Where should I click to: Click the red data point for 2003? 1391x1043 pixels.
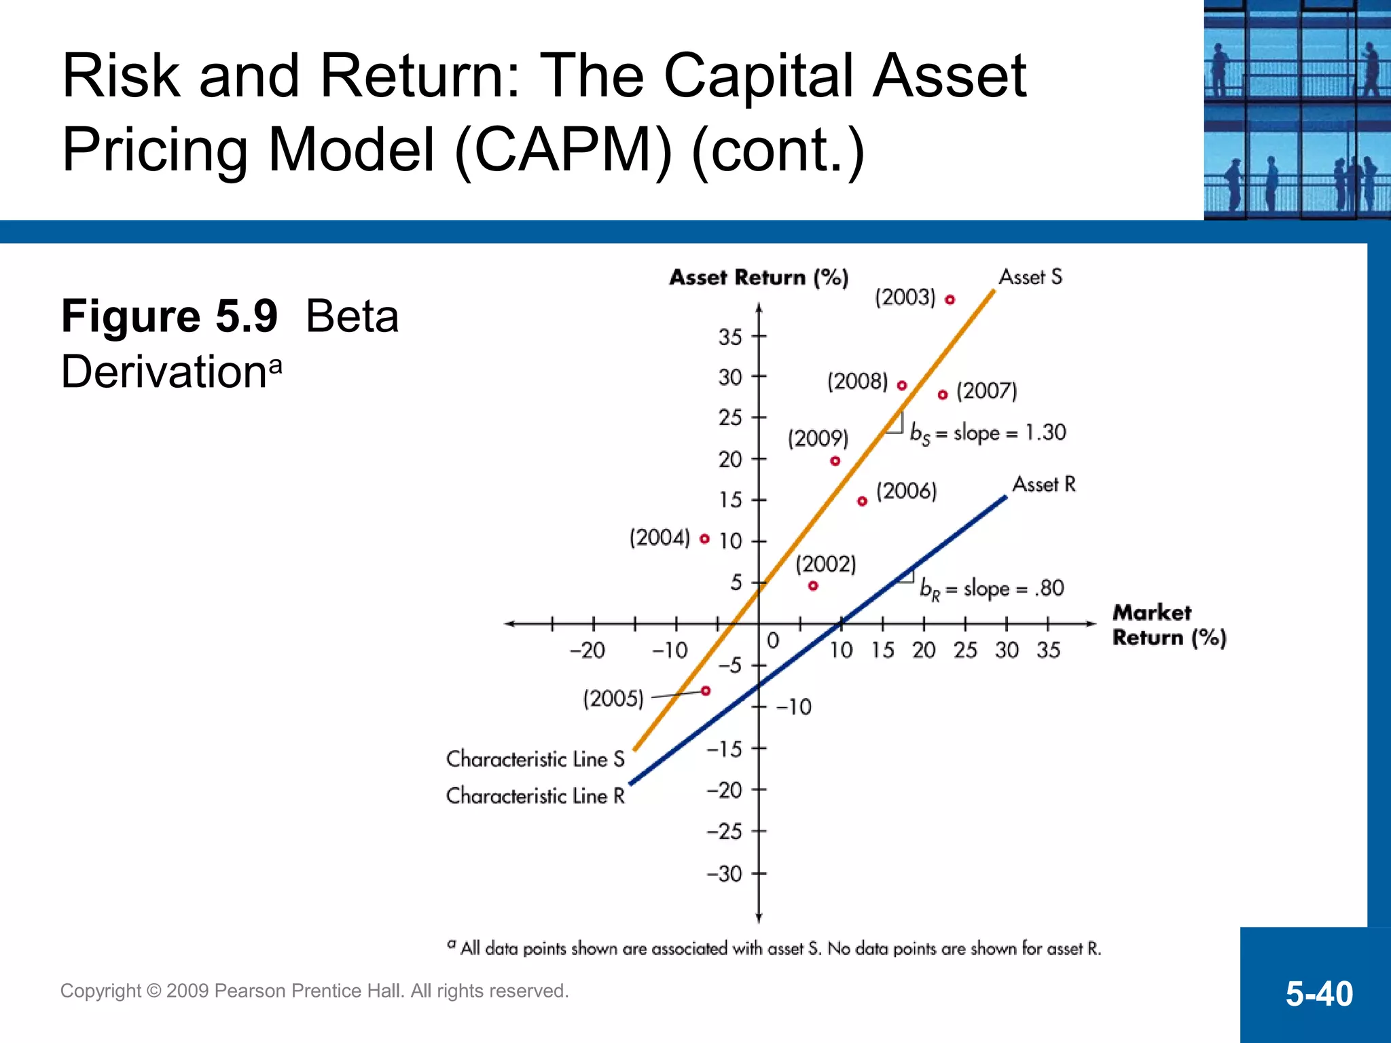tap(950, 299)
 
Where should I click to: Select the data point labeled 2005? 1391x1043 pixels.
tap(706, 691)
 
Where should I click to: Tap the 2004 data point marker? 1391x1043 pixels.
tap(704, 539)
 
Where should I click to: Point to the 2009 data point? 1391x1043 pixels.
tap(835, 461)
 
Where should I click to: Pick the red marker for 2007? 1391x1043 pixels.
tap(943, 395)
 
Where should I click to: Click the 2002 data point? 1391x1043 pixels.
tap(813, 586)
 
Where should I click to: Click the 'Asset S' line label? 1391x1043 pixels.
tap(1030, 277)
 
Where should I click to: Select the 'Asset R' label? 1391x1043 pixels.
tap(1044, 484)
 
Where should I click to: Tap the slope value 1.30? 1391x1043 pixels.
tap(1045, 432)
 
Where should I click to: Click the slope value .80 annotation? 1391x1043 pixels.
tap(1049, 588)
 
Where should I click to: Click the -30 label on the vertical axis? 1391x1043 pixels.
tap(724, 873)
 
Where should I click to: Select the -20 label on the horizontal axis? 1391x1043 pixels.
tap(587, 651)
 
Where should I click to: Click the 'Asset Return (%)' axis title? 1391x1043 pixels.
tap(759, 278)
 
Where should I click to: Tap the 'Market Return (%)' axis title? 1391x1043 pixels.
tap(1168, 625)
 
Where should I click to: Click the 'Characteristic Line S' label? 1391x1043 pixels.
tap(535, 759)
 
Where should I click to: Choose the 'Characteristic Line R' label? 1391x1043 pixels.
tap(535, 796)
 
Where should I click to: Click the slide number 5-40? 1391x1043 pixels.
tap(1318, 993)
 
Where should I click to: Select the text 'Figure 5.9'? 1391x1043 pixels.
tap(169, 316)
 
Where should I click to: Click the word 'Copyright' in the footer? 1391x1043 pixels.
tap(101, 991)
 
